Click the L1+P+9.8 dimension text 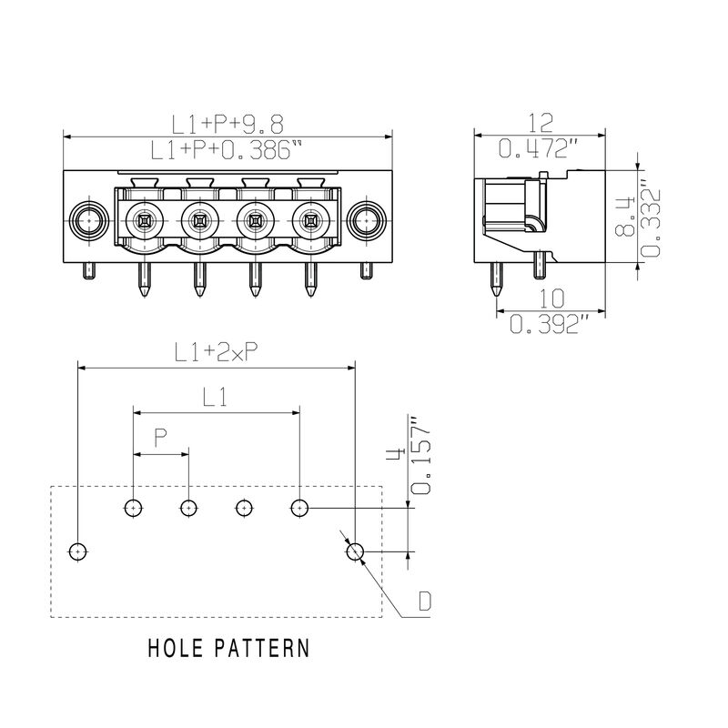(227, 123)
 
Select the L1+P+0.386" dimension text (227, 150)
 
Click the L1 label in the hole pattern (216, 397)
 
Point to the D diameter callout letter (425, 601)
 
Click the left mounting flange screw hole (88, 219)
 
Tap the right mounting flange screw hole (366, 219)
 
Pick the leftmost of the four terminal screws (144, 219)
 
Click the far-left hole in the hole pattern (78, 551)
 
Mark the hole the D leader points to (354, 551)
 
